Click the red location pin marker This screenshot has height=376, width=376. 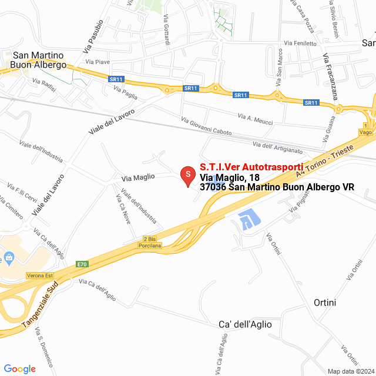point(187,175)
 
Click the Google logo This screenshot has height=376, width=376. point(19,368)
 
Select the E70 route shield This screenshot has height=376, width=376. point(82,265)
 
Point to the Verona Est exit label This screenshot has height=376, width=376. point(40,275)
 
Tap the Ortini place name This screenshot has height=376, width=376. point(325,303)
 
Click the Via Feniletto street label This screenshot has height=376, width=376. point(300,43)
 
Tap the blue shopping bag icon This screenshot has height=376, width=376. point(9,257)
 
